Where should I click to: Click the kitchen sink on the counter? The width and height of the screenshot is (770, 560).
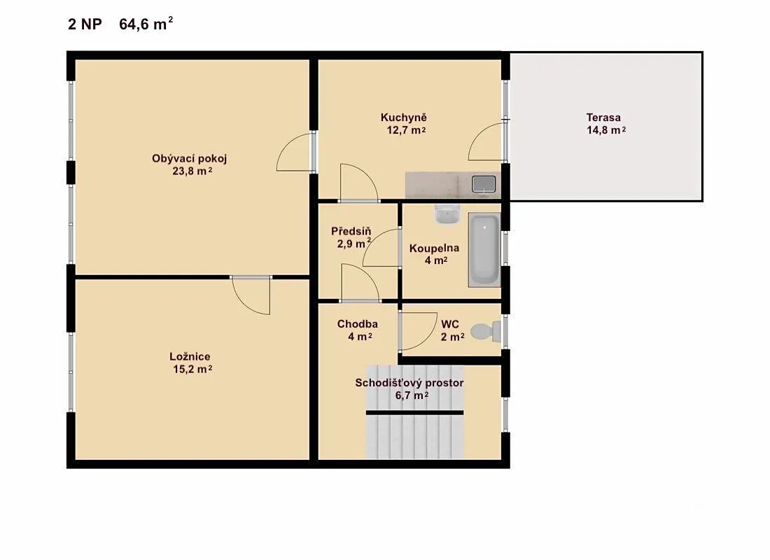pyautogui.click(x=484, y=184)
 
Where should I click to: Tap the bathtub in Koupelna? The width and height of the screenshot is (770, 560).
pyautogui.click(x=484, y=249)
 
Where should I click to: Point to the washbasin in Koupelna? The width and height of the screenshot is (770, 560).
pyautogui.click(x=447, y=214)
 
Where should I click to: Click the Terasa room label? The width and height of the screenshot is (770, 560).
pyautogui.click(x=603, y=118)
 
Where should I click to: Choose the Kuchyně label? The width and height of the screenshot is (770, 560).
pyautogui.click(x=404, y=118)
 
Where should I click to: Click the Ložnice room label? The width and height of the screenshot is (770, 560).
pyautogui.click(x=190, y=356)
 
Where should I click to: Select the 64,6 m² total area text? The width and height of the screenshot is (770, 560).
pyautogui.click(x=146, y=24)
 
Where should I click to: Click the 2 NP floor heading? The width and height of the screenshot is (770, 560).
pyautogui.click(x=85, y=24)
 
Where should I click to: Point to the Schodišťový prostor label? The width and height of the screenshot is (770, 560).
pyautogui.click(x=409, y=383)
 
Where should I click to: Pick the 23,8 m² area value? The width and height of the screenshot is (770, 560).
pyautogui.click(x=192, y=171)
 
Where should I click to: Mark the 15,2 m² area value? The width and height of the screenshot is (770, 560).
pyautogui.click(x=192, y=369)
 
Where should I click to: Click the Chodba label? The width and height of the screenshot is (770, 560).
pyautogui.click(x=358, y=323)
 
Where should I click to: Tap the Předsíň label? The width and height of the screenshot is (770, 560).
pyautogui.click(x=351, y=231)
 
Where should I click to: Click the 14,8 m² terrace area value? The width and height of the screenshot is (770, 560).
pyautogui.click(x=606, y=130)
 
